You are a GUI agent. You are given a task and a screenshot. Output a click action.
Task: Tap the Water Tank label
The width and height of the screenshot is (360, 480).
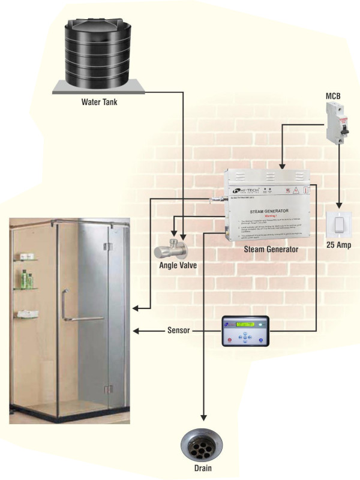click(100, 102)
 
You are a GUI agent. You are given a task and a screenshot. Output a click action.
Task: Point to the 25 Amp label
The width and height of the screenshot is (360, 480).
click(338, 245)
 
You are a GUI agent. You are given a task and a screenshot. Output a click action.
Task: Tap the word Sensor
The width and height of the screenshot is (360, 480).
click(178, 331)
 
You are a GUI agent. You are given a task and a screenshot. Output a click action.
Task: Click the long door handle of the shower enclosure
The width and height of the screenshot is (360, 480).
click(64, 306)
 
